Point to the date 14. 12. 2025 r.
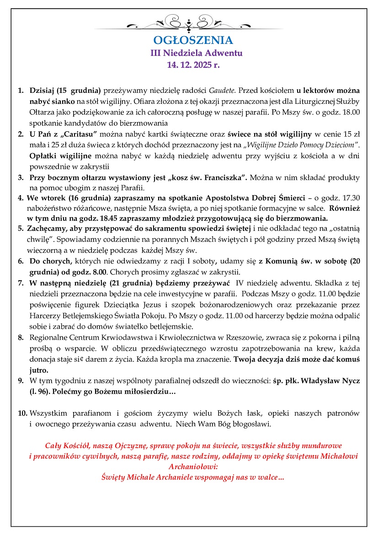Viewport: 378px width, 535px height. [194, 65]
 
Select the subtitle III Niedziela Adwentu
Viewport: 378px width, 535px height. [197, 53]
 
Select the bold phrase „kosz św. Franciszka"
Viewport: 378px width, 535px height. [208, 177]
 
